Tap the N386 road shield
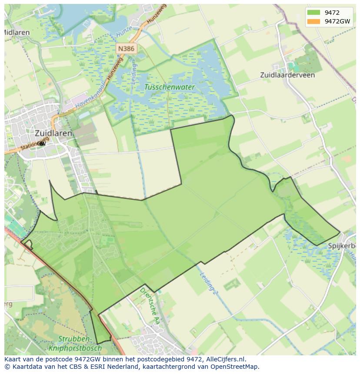point(126,49)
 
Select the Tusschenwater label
point(170,87)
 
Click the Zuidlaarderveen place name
point(287,75)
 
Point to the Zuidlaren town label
point(53,133)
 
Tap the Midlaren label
point(17,33)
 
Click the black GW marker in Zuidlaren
point(41,144)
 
